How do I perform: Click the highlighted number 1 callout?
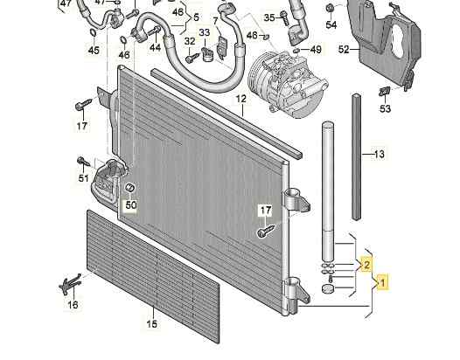(382, 282)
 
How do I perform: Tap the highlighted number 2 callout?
(366, 265)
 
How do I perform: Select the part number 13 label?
(379, 154)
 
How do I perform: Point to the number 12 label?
(241, 99)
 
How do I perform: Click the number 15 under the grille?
(151, 323)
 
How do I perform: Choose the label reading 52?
(344, 50)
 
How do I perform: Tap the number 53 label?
(385, 108)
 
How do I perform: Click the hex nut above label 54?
(330, 8)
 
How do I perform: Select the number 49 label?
(316, 50)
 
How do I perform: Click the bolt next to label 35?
(283, 17)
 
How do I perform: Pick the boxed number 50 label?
(131, 205)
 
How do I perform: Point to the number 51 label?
(84, 178)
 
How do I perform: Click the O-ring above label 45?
(93, 32)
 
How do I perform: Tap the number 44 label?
(155, 47)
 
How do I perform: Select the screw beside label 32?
(192, 58)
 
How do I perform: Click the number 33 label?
(205, 32)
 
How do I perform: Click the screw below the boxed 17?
(266, 231)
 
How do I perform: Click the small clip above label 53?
(384, 92)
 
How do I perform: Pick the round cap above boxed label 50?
(129, 187)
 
